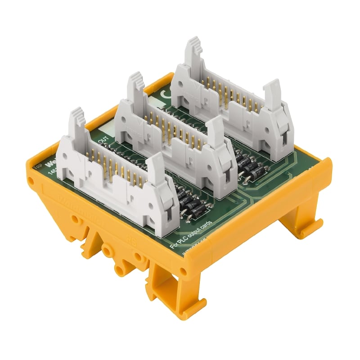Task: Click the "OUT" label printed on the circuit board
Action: (103, 138)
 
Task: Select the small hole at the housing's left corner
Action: (30, 181)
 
